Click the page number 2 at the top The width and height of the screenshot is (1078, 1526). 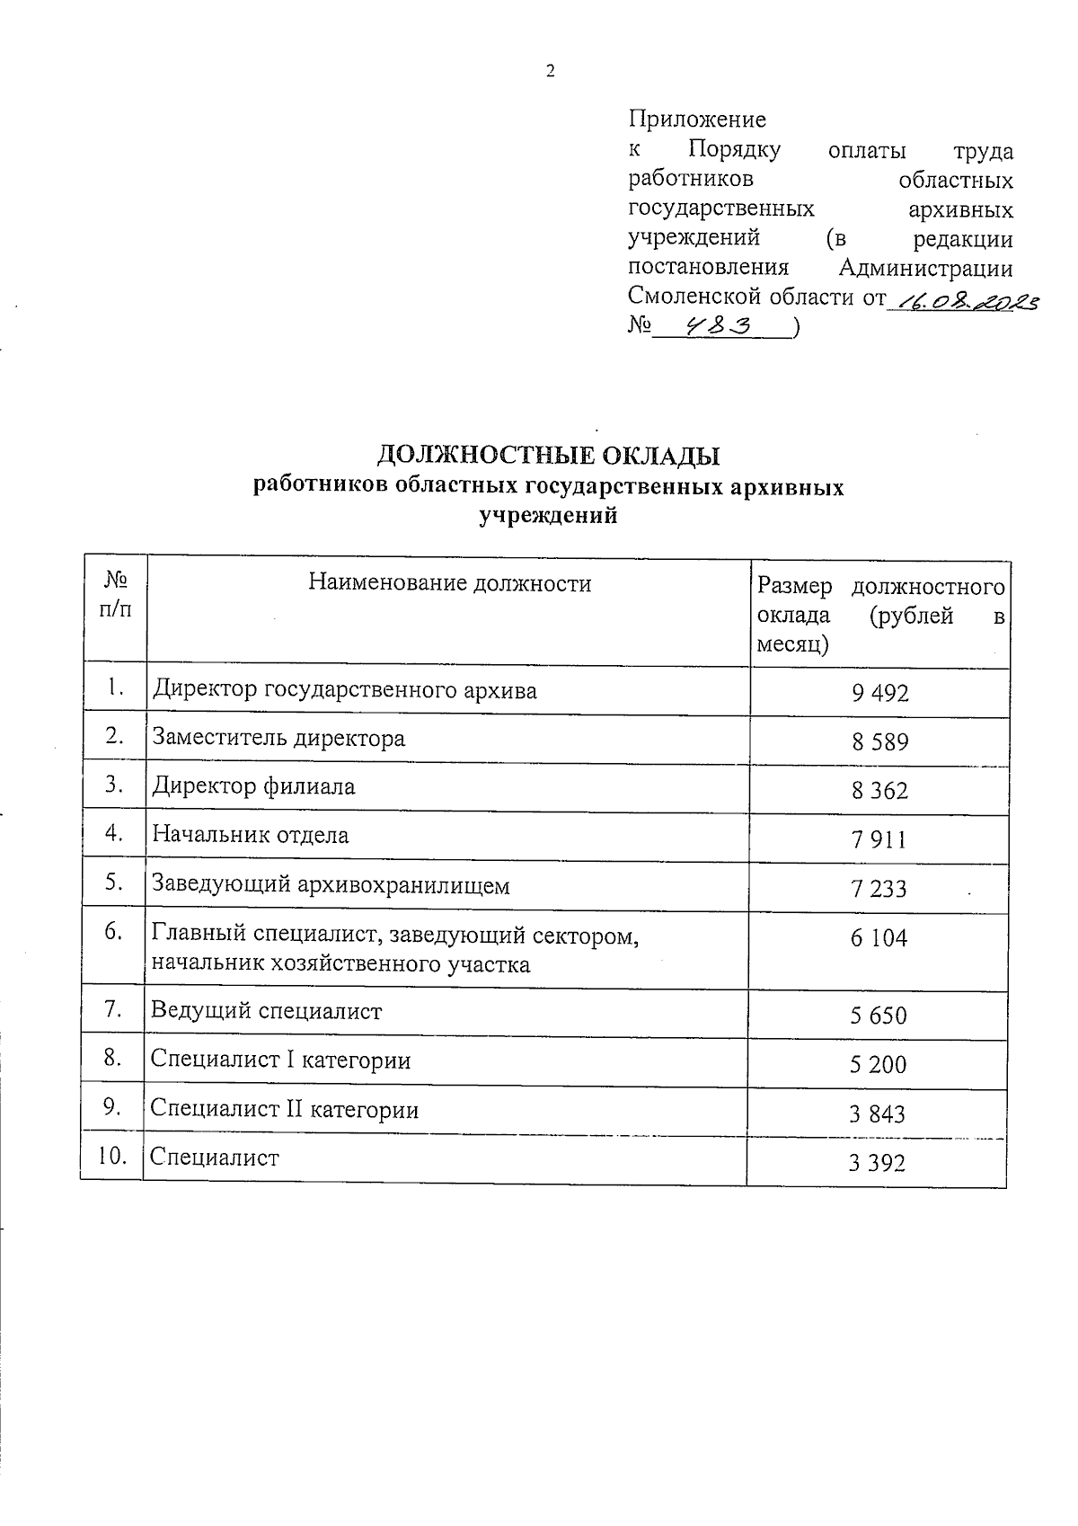pos(550,72)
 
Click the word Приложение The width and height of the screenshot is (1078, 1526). pos(697,120)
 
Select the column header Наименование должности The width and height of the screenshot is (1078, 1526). pos(450,584)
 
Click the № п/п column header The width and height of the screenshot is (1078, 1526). pos(115,595)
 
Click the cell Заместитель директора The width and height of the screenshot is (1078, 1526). pos(278,739)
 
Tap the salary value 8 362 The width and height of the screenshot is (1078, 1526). pos(879,791)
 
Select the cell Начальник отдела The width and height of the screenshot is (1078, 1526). pos(251,836)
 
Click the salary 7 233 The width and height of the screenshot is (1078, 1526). pos(879,890)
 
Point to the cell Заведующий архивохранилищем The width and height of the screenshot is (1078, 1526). pos(331,886)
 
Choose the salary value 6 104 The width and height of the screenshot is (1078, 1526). pos(879,939)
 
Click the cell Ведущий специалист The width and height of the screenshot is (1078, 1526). pos(267,1012)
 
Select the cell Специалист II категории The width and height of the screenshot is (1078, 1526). pos(285,1110)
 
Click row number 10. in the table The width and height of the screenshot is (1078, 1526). pos(112,1157)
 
